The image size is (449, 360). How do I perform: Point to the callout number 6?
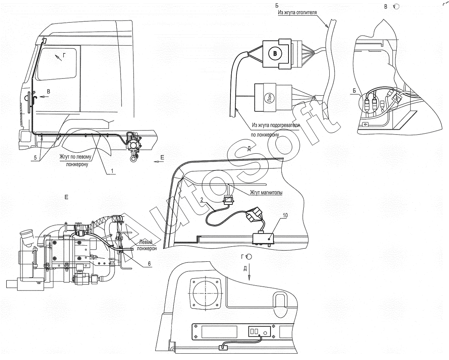click(149, 264)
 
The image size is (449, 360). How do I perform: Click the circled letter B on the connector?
click(275, 53)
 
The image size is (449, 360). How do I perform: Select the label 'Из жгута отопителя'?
click(297, 12)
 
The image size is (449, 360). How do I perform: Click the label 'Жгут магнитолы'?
click(266, 193)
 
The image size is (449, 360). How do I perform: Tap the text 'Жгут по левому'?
click(77, 157)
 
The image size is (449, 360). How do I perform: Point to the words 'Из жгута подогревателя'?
click(275, 125)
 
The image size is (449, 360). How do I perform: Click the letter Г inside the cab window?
click(64, 55)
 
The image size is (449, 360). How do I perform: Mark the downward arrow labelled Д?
click(245, 271)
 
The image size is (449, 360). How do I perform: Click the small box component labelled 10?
click(263, 239)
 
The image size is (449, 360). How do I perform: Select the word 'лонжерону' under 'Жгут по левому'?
click(77, 164)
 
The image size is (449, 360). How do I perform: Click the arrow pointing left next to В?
click(44, 96)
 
